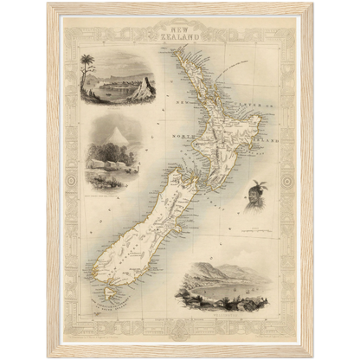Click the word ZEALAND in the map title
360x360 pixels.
(x=180, y=38)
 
